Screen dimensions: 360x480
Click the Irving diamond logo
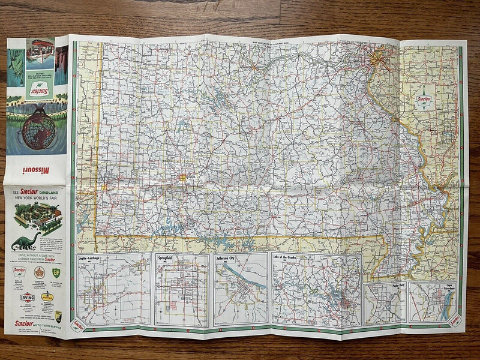[x=27, y=296]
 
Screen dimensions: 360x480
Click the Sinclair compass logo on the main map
[x=427, y=103]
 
